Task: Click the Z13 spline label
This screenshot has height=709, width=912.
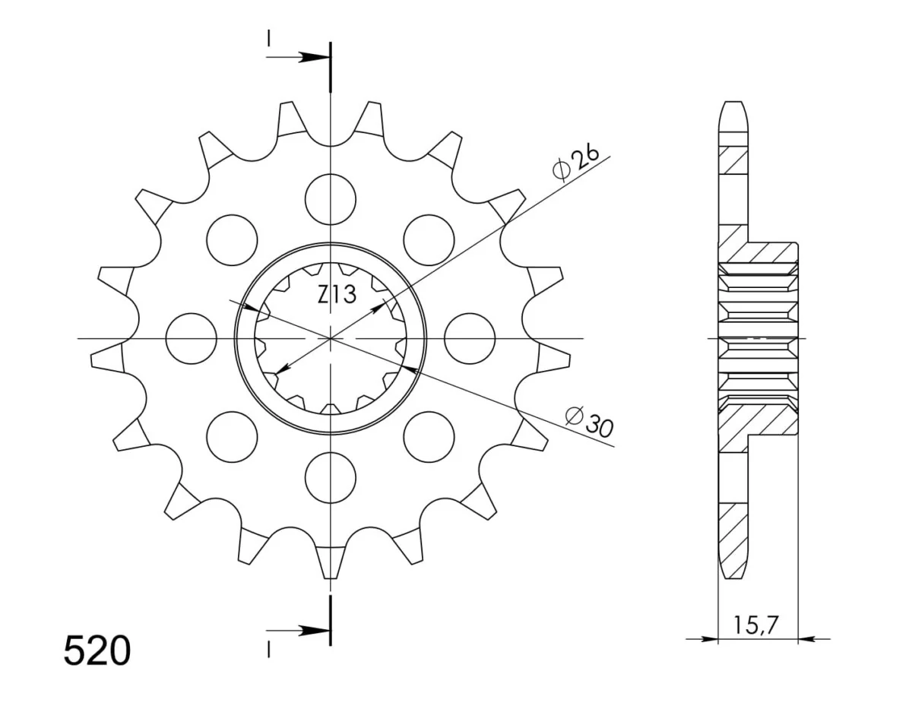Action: (337, 294)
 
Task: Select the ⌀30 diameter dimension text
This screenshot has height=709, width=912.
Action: (589, 422)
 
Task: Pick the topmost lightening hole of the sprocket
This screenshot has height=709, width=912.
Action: (331, 199)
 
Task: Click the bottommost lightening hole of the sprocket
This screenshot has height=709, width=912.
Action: (331, 477)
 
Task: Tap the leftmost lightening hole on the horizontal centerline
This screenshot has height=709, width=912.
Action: (192, 338)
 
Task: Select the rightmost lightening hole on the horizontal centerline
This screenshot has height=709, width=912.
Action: (470, 338)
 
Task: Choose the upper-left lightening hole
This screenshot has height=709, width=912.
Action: (232, 240)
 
